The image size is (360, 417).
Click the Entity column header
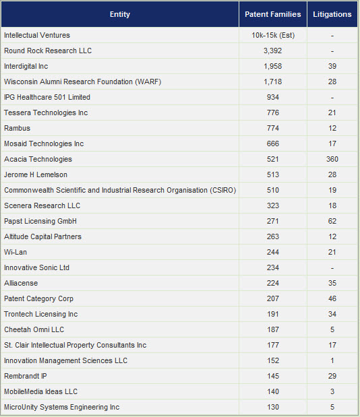click(x=120, y=14)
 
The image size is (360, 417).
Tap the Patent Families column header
click(x=273, y=14)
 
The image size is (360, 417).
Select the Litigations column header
click(x=332, y=14)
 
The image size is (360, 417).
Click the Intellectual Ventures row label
click(x=37, y=35)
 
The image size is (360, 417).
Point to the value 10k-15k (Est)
click(x=273, y=35)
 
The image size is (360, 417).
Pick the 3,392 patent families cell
click(x=273, y=51)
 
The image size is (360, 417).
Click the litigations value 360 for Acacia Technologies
click(x=332, y=159)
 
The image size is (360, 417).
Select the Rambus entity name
click(x=17, y=128)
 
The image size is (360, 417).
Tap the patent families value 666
click(x=273, y=143)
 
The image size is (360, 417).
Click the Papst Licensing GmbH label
click(x=40, y=221)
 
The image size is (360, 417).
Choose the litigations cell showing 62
click(x=332, y=221)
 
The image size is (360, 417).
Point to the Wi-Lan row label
click(x=16, y=252)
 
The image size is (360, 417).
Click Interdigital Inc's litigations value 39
click(x=332, y=66)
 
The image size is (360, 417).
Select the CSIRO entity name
click(x=120, y=190)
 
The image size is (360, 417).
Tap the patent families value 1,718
click(x=273, y=82)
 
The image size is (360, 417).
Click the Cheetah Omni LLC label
click(x=34, y=329)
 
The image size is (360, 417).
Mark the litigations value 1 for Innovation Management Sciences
click(x=332, y=360)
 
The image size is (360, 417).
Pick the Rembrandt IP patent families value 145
click(x=273, y=376)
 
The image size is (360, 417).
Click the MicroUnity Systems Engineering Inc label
click(x=62, y=407)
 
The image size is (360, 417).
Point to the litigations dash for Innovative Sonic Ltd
click(x=332, y=268)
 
